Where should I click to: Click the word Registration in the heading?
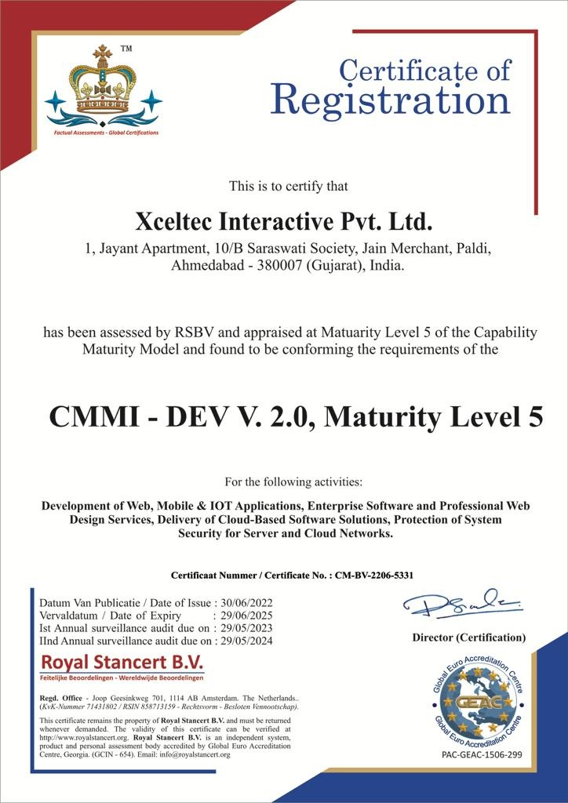pos(391,101)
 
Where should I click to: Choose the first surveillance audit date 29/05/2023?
pos(243,628)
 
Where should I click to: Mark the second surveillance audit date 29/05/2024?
pos(243,641)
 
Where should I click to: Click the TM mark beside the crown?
pos(126,49)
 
